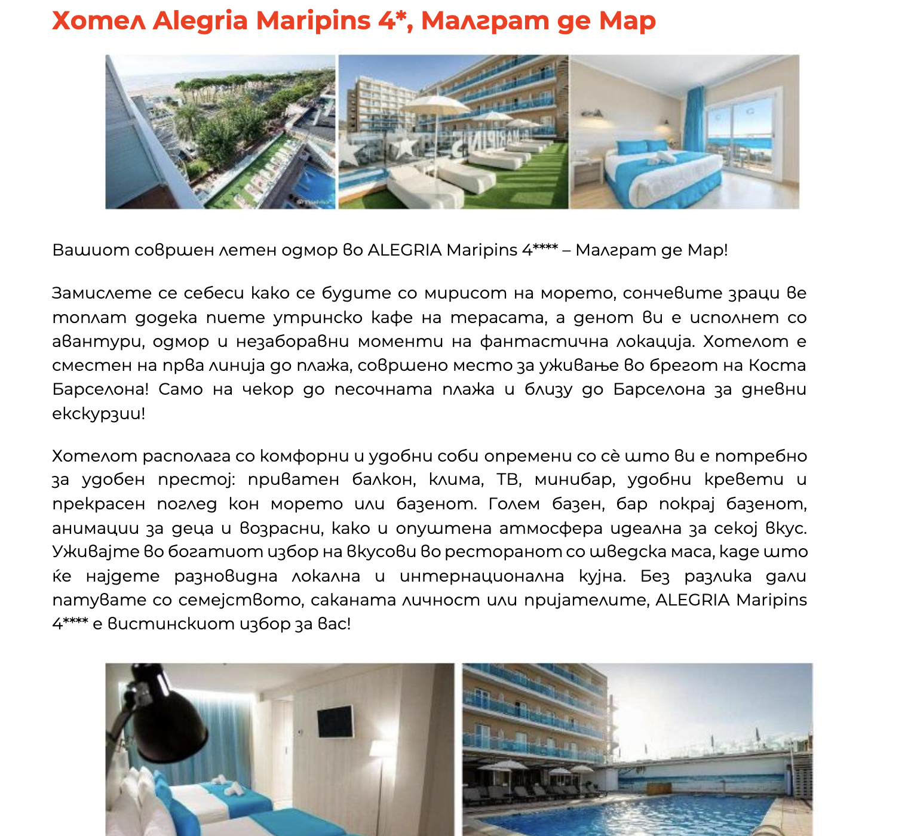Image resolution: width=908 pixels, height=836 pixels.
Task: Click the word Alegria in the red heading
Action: coord(200,21)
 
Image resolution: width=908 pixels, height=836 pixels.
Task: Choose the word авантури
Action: coord(97,342)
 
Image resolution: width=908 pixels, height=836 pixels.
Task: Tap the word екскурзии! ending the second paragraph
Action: coord(99,414)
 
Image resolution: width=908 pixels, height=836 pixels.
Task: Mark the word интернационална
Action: coord(481,576)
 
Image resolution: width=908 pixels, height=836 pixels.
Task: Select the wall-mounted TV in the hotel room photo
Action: coord(335,721)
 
